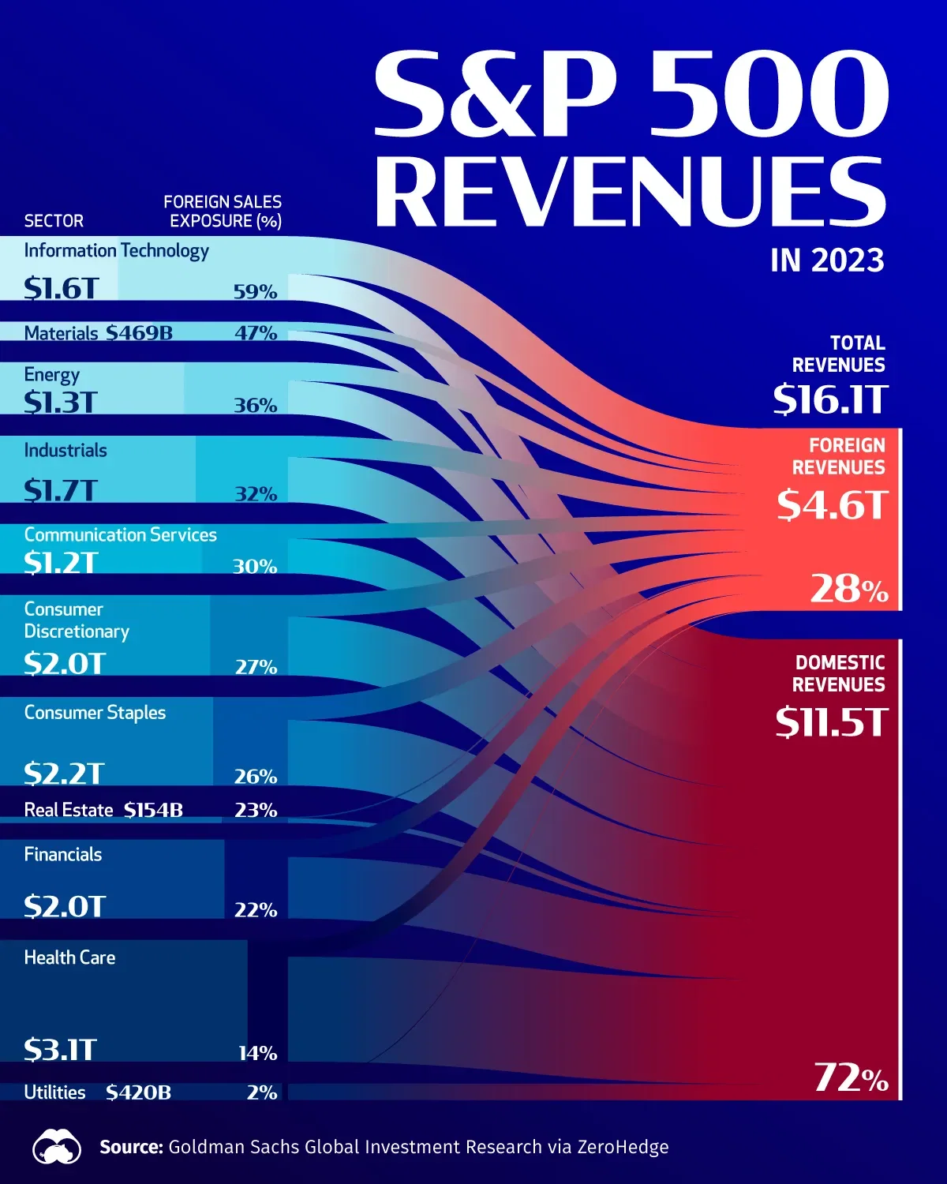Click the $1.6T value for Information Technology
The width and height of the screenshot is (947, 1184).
[61, 289]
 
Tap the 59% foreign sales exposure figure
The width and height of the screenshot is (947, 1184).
[255, 292]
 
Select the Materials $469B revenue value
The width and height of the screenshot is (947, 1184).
[139, 333]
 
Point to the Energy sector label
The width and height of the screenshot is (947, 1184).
[51, 375]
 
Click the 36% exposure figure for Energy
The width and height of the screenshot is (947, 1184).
[255, 406]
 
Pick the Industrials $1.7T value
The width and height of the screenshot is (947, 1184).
[60, 491]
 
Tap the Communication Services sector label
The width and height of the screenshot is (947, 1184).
[120, 535]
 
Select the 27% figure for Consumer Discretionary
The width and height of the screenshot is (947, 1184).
[256, 668]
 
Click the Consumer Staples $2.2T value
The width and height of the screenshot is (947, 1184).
[63, 774]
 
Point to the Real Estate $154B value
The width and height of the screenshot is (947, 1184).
[153, 811]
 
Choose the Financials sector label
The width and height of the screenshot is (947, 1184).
[63, 855]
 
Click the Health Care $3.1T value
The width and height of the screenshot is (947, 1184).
[60, 1050]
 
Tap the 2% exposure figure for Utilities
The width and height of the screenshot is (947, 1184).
[261, 1093]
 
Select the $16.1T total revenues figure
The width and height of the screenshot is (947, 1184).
[830, 399]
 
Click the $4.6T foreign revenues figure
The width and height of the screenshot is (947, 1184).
[832, 505]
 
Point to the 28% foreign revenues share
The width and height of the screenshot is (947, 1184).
[849, 589]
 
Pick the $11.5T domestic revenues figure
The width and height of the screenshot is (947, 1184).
[831, 722]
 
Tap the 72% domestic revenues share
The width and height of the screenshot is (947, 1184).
[851, 1078]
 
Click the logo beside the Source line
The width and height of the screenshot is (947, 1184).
[57, 1148]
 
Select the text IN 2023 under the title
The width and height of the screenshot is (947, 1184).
[827, 260]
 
